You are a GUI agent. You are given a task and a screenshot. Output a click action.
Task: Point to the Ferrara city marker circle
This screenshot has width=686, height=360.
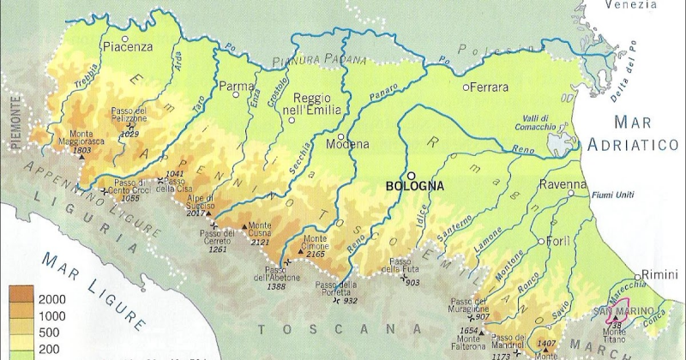[x=466, y=87]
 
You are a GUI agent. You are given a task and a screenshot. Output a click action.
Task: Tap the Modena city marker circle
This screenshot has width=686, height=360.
[x=341, y=136]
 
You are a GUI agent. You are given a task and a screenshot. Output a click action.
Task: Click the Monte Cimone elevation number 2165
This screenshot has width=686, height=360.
[x=316, y=255]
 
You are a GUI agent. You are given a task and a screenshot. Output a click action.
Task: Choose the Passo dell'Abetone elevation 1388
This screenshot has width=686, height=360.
[x=275, y=285]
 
